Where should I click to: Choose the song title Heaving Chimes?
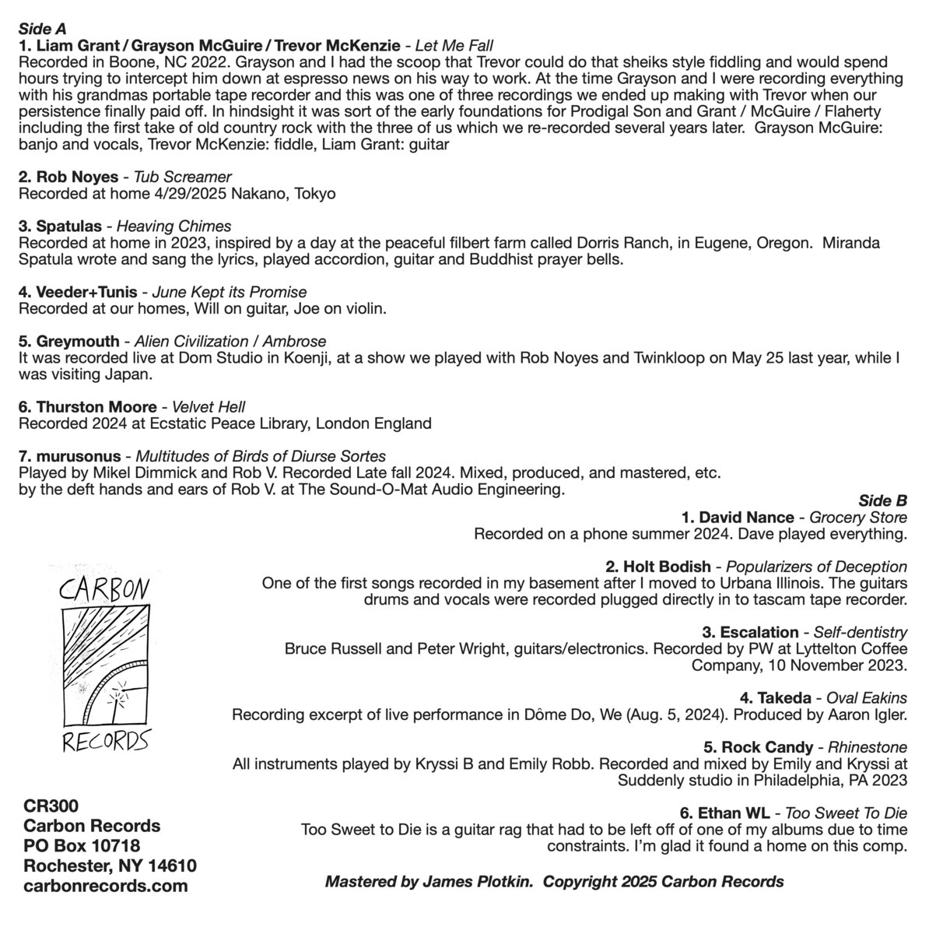tap(174, 226)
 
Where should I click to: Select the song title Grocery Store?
tap(858, 518)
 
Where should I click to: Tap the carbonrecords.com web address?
tap(106, 885)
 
